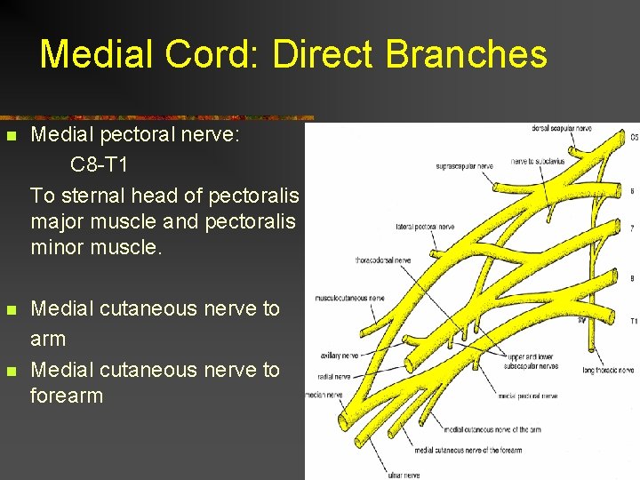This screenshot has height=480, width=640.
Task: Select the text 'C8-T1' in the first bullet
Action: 99,166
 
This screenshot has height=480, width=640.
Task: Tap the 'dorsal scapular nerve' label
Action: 561,129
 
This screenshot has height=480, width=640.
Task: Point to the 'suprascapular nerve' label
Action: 464,166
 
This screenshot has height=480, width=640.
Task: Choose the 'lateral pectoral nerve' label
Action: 426,228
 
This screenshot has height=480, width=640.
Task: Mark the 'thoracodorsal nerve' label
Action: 383,260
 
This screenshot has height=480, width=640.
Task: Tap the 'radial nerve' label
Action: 331,376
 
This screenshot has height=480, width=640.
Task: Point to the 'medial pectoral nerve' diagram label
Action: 528,396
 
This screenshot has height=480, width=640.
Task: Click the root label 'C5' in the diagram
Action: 634,138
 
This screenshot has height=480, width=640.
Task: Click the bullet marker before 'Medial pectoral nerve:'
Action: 11,137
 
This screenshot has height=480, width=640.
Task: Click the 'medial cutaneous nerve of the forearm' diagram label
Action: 469,450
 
